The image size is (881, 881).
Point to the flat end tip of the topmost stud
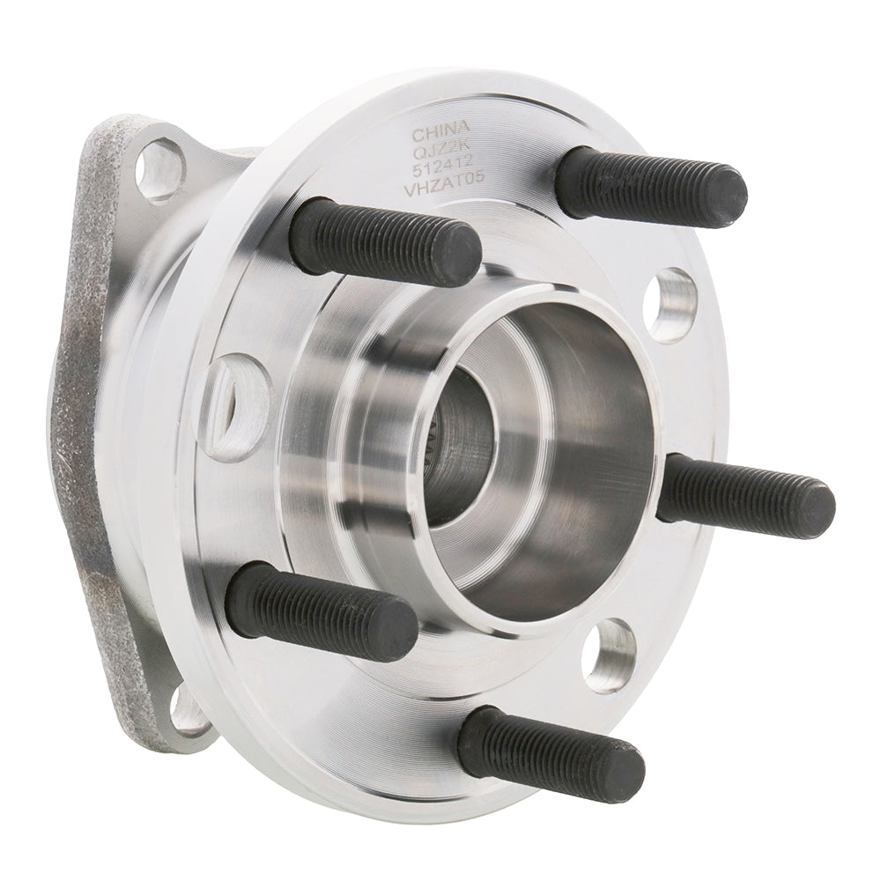pos(730,198)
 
